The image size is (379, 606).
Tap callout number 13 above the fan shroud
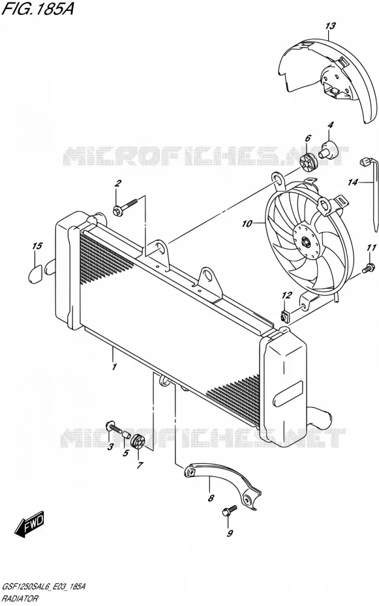pyautogui.click(x=330, y=26)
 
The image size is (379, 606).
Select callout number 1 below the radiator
pyautogui.click(x=114, y=367)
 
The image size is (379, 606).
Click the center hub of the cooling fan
pyautogui.click(x=307, y=242)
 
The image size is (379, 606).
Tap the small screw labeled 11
pyautogui.click(x=369, y=267)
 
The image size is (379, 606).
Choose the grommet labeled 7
pyautogui.click(x=138, y=442)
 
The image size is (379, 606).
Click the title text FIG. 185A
pyautogui.click(x=38, y=9)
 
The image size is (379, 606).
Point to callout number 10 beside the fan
pyautogui.click(x=247, y=224)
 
